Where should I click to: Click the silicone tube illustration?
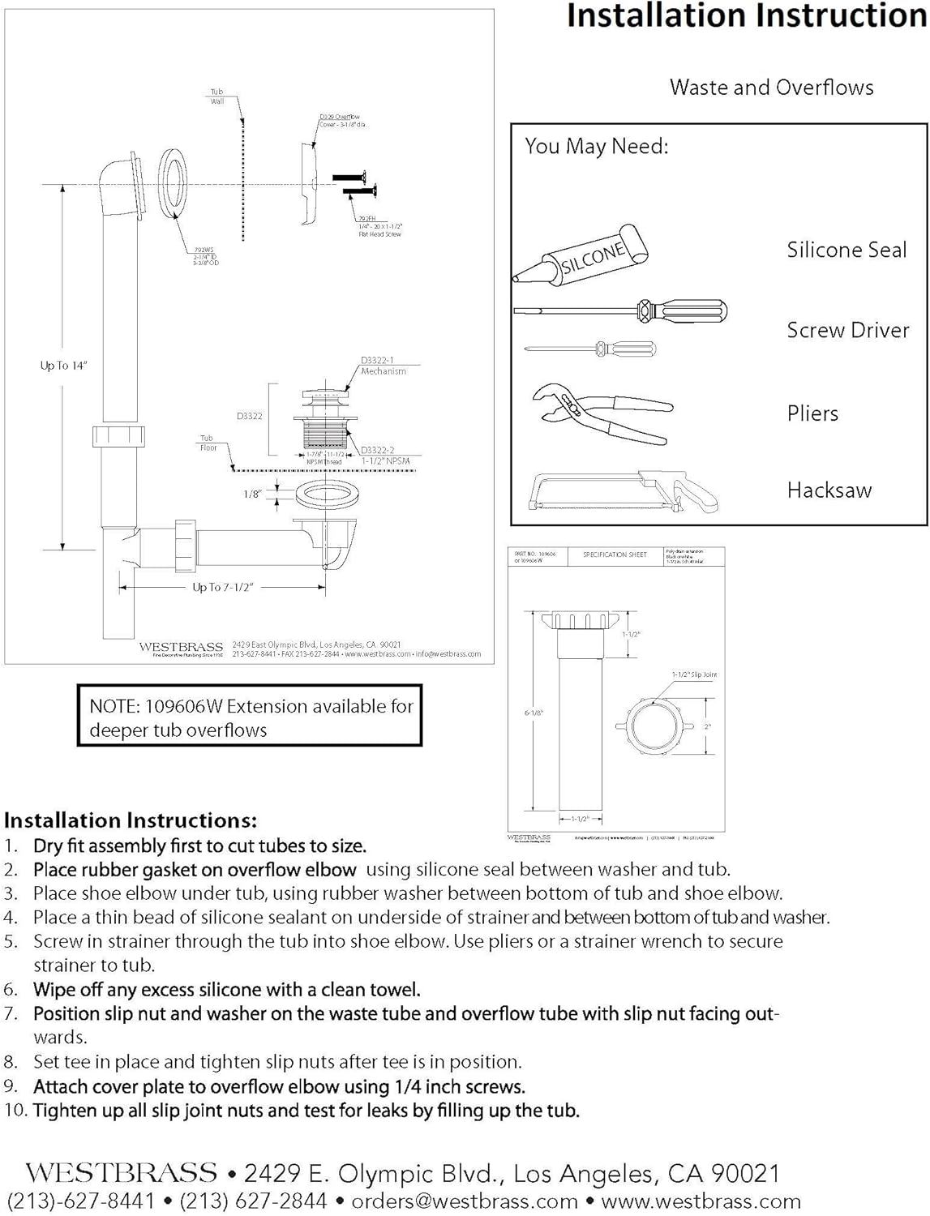coord(581,255)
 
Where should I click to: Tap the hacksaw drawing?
coord(620,491)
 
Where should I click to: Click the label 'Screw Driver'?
coord(847,330)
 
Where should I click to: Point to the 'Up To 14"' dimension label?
coord(63,366)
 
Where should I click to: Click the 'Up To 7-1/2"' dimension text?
coord(223,587)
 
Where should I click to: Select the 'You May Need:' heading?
coord(596,147)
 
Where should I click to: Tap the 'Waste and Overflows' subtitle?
coord(771,88)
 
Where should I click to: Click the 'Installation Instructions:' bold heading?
coord(131,820)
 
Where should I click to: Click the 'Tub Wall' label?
coord(217,96)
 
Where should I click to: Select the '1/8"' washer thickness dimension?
coord(253,494)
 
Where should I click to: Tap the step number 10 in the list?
coord(15,1110)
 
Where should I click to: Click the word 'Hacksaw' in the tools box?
coord(829,490)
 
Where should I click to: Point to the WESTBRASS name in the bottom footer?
coord(122,1173)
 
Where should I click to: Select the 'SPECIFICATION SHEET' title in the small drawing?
coord(615,555)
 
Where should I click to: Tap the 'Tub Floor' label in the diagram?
coord(208,443)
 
